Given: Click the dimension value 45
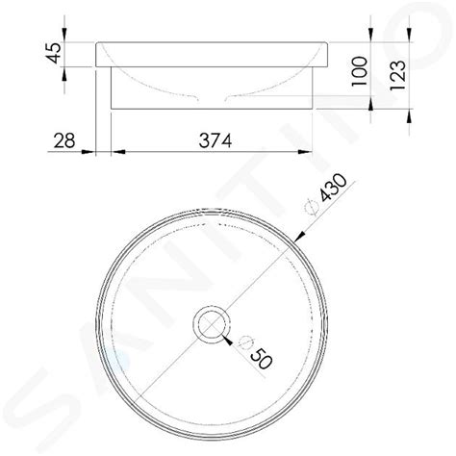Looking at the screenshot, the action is [54, 53].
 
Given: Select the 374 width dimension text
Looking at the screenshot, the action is [215, 140].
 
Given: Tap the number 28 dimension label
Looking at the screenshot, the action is [64, 140].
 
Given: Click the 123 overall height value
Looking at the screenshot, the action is [397, 75].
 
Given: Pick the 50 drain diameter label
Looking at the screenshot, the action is [261, 357].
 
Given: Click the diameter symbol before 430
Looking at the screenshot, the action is [312, 207].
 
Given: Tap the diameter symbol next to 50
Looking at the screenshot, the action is [245, 342].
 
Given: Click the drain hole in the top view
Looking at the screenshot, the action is [212, 324].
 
